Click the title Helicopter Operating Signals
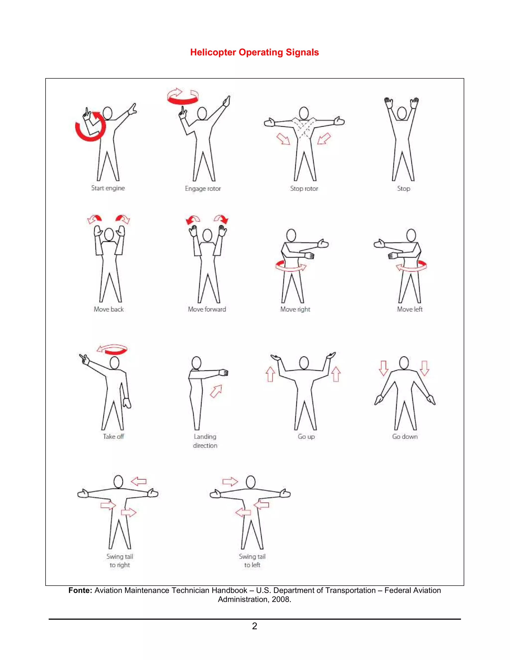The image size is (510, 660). pos(255,52)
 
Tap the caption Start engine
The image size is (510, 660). pos(108,188)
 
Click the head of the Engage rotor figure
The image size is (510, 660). pos(202,114)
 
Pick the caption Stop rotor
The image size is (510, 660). pos(304,189)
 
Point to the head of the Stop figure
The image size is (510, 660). pos(402,113)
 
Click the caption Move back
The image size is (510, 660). pos(109,309)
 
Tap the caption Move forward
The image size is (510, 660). pos(207,309)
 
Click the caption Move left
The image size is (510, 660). pos(410,309)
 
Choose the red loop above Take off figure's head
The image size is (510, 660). pos(112,349)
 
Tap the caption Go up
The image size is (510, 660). pos(306,436)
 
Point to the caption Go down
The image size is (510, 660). pos(405,436)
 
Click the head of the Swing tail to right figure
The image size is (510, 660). pos(118,482)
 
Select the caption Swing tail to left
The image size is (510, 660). pos(252,561)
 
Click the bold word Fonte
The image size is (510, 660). pos(80,590)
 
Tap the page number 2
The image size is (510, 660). pos(255,626)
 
